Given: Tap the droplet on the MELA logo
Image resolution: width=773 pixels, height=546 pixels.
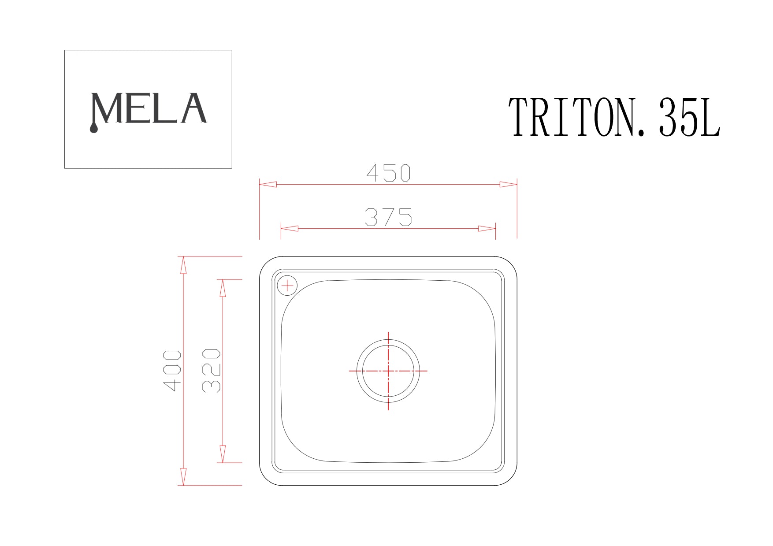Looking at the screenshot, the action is point(93,128).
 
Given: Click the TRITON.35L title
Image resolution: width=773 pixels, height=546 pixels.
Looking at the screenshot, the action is point(614,117).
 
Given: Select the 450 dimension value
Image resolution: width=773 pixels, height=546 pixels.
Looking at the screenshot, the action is point(388,173).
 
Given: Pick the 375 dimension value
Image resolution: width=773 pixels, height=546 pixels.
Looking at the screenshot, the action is point(388,217).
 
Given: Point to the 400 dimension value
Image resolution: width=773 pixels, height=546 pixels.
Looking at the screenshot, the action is point(172,371).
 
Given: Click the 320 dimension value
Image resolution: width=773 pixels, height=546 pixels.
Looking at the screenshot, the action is point(211,371).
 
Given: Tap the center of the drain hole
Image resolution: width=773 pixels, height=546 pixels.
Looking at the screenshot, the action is point(388,371).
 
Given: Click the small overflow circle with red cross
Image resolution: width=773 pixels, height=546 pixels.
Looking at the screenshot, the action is point(287,286).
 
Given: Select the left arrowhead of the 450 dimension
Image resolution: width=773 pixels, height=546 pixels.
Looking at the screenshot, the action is point(268,184).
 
